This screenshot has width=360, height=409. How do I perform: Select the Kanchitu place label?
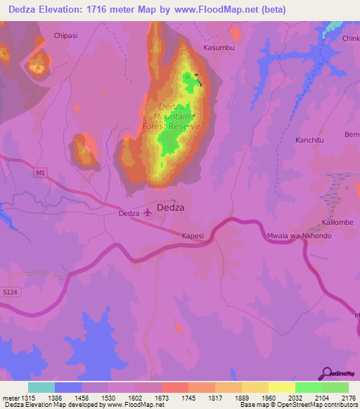[295, 140]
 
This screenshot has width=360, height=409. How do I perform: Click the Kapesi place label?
[193, 236]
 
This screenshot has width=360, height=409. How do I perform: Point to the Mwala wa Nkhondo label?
[299, 235]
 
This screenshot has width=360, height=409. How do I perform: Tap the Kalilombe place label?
[337, 222]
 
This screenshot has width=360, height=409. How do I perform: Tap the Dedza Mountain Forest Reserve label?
[172, 117]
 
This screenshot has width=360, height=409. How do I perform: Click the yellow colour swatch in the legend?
[281, 387]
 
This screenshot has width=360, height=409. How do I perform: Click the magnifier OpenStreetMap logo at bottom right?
[326, 373]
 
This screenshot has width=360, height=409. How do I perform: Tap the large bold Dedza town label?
[171, 208]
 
